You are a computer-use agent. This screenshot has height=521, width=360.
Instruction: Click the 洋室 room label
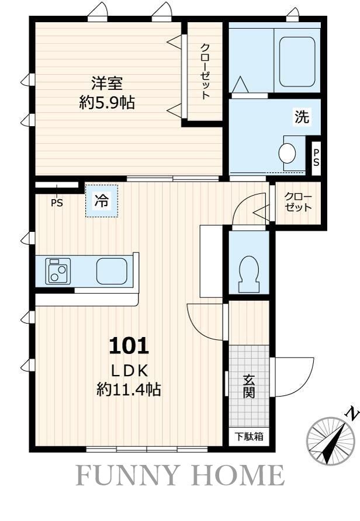click(x=107, y=83)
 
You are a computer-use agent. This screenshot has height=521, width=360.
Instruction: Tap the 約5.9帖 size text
click(x=107, y=103)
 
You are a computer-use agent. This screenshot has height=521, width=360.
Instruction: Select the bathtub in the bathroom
click(x=297, y=62)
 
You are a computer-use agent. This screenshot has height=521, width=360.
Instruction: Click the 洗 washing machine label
click(x=302, y=117)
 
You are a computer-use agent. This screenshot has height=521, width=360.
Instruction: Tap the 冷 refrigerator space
click(x=101, y=201)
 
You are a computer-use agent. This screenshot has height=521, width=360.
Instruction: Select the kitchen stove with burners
click(x=58, y=271)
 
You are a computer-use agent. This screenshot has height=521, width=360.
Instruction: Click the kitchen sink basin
click(x=112, y=271)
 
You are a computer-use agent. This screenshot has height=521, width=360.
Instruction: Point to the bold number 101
click(x=129, y=346)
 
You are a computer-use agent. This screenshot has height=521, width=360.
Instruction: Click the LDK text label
click(x=129, y=371)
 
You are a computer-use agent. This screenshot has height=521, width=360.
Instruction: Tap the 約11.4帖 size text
click(x=129, y=389)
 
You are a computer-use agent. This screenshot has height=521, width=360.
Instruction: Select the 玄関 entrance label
click(x=248, y=386)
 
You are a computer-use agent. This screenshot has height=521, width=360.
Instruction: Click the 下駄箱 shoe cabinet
click(x=249, y=436)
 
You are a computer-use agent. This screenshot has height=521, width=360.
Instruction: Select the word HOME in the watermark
click(x=238, y=476)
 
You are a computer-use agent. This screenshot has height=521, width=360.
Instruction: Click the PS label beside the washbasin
click(x=316, y=158)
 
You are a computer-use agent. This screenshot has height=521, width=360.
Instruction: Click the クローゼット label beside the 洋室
click(x=205, y=71)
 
